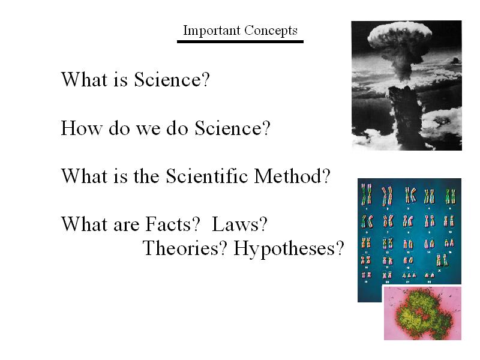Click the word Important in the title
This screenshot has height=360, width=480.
(212, 31)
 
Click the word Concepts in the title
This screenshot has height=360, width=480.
(271, 31)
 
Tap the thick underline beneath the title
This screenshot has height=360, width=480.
(241, 41)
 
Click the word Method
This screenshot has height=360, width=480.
(288, 176)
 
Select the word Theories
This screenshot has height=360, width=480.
(181, 248)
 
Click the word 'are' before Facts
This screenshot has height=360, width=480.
(127, 226)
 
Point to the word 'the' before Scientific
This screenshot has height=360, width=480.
(146, 176)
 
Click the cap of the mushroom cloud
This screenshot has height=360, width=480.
(400, 35)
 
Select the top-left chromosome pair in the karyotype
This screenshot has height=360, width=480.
(367, 194)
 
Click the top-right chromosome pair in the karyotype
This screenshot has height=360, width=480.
(450, 196)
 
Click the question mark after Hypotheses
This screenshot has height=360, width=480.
(340, 248)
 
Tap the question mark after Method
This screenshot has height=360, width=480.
(326, 176)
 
